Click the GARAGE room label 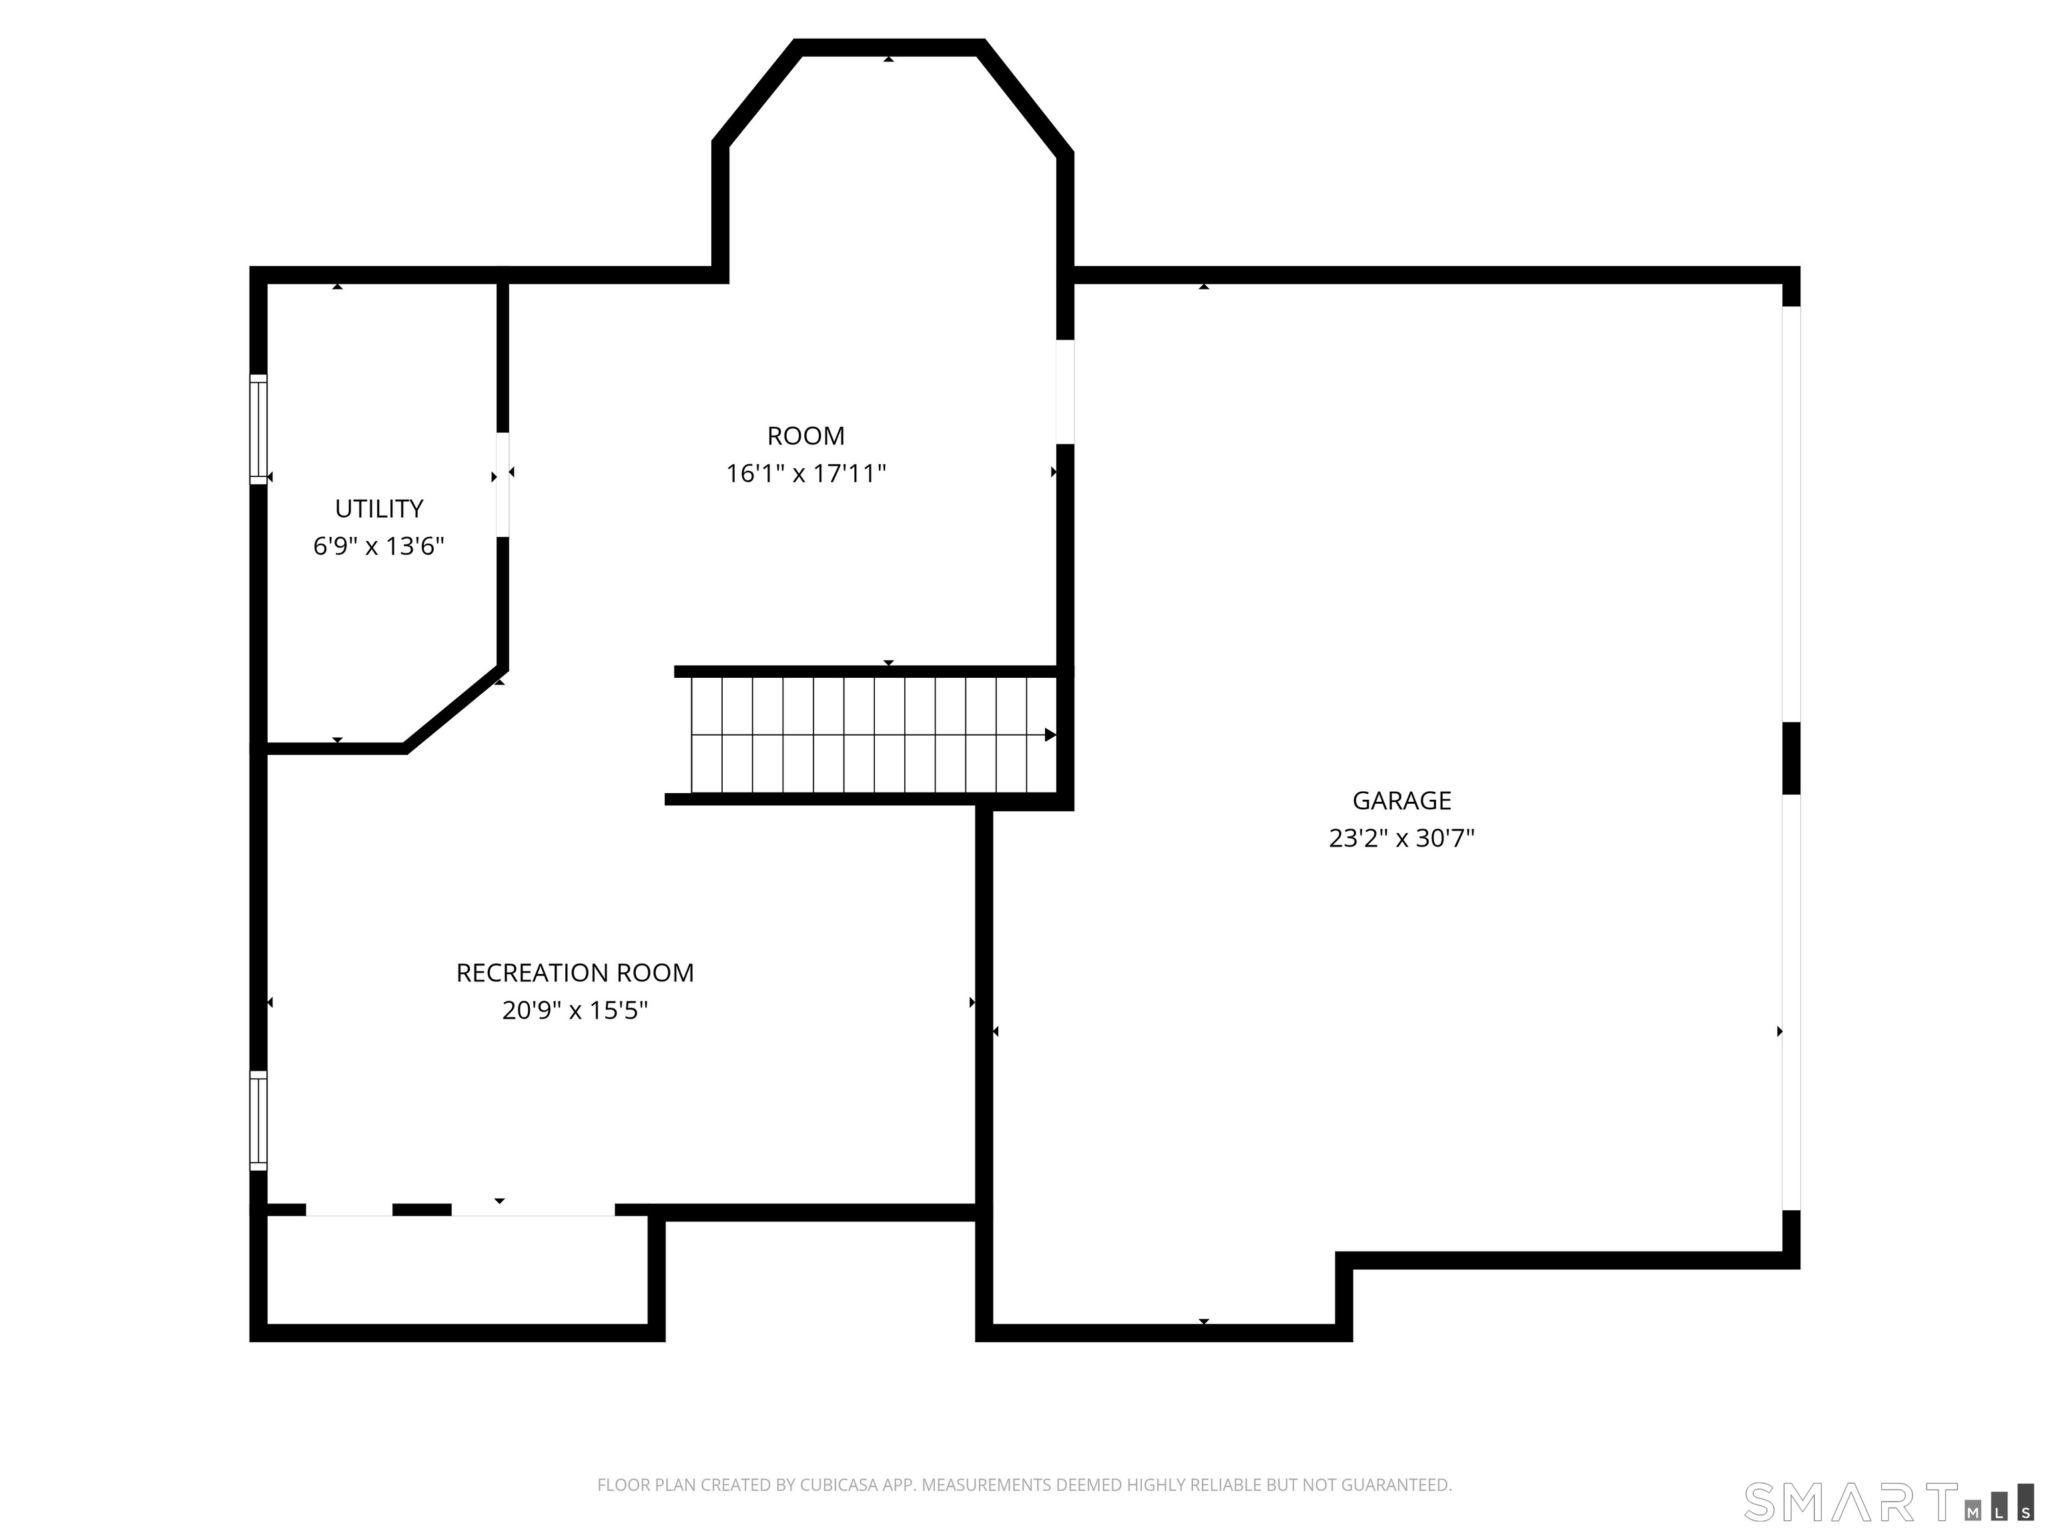[1401, 801]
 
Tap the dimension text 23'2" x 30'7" [1401, 839]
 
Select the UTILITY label [379, 508]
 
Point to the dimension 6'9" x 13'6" [379, 546]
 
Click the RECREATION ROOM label [575, 973]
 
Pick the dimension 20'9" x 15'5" [575, 1010]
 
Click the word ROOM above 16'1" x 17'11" [805, 436]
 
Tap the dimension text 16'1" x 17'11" [805, 474]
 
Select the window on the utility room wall [258, 429]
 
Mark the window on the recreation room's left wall [258, 1120]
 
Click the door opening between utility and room [502, 484]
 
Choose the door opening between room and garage [1066, 392]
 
